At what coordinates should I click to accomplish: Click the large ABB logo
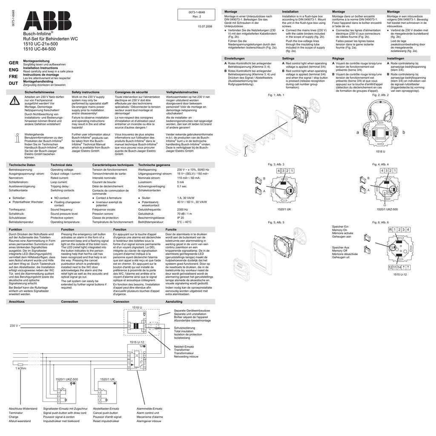pyautogui.click(x=47, y=21)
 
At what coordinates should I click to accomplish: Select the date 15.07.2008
pyautogui.click(x=205, y=27)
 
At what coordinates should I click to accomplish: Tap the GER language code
pyautogui.click(x=13, y=63)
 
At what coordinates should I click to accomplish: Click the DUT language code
pyautogui.click(x=13, y=83)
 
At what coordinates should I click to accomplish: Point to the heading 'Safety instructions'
pyautogui.click(x=86, y=92)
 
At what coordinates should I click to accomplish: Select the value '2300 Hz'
pyautogui.click(x=183, y=209)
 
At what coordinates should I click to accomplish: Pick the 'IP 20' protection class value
pyautogui.click(x=181, y=218)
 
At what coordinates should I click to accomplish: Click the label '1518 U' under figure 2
pyautogui.click(x=380, y=152)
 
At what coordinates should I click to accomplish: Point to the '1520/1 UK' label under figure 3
pyautogui.click(x=284, y=209)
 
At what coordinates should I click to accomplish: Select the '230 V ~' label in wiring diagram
pyautogui.click(x=15, y=326)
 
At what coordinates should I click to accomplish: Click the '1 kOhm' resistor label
pyautogui.click(x=21, y=368)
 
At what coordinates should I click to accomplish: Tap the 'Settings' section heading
pyautogui.click(x=288, y=58)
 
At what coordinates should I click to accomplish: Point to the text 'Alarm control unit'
pyautogui.click(x=148, y=413)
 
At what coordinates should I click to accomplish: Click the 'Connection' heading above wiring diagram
pyautogui.click(x=69, y=301)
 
